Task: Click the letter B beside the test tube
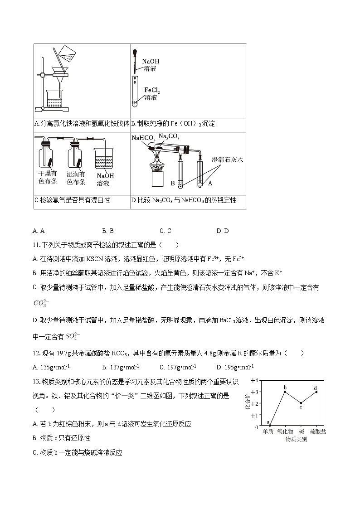pyautogui.click(x=172, y=184)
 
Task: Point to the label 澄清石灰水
pyautogui.click(x=228, y=160)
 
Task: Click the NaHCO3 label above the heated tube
pyautogui.click(x=143, y=138)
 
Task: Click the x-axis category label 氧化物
pyautogui.click(x=285, y=432)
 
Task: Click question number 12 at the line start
pyautogui.click(x=37, y=354)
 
